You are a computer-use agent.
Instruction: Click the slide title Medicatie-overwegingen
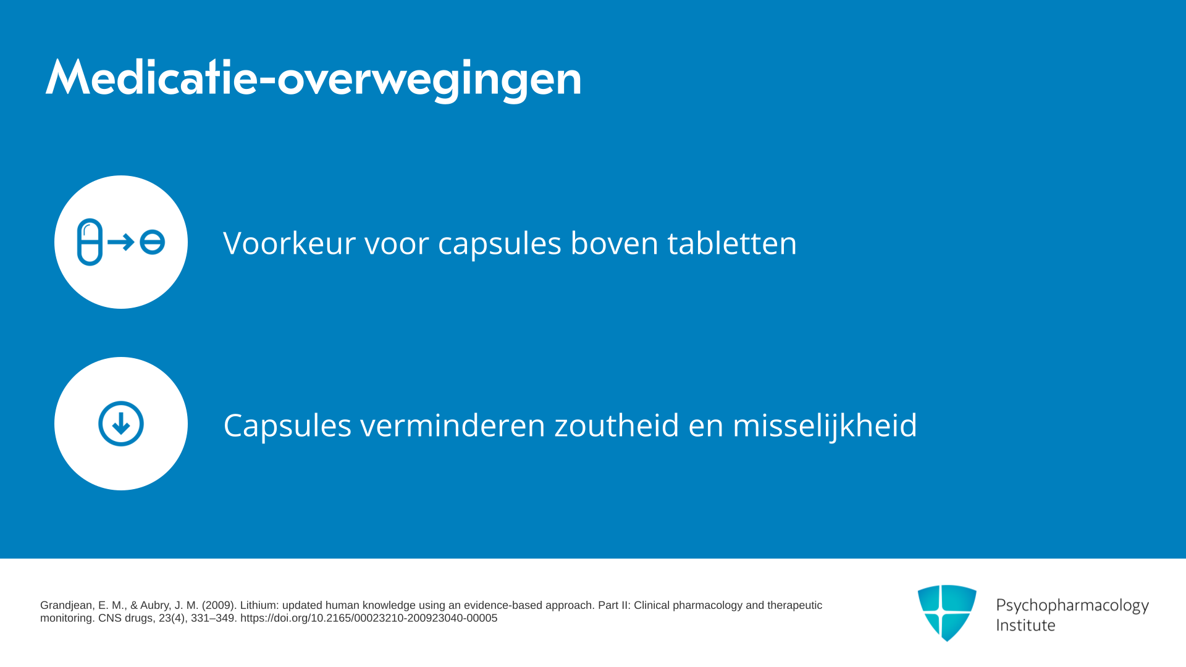pos(313,78)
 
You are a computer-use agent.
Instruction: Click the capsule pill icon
pos(90,242)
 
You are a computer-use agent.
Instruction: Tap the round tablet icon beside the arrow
pos(152,242)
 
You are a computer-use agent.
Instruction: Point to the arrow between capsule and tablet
pos(121,242)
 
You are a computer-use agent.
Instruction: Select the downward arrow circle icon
pos(121,424)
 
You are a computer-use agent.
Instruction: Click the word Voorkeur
pos(289,243)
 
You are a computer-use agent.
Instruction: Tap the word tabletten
pos(732,243)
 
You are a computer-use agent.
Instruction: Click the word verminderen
pos(453,426)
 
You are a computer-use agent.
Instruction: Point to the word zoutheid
pos(616,426)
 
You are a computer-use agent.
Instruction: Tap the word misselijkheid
pos(825,426)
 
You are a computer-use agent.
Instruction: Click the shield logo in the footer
pos(947,613)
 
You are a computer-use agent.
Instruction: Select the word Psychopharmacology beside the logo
pos(1072,606)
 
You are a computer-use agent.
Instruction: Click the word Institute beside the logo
pos(1025,625)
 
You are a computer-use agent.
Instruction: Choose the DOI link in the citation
pos(369,618)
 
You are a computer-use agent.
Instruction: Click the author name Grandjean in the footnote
pos(67,606)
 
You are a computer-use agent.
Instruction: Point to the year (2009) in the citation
pos(219,605)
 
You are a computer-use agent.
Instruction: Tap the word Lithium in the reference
pos(259,605)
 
